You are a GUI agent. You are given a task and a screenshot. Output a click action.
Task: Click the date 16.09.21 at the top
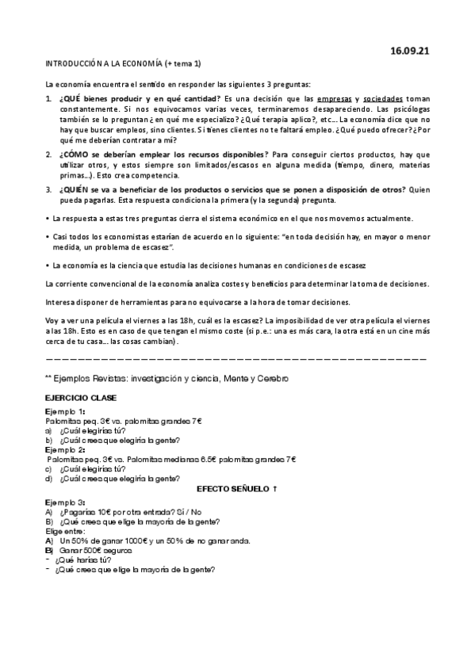(410, 51)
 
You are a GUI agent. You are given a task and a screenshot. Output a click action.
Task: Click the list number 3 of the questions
(48, 190)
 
